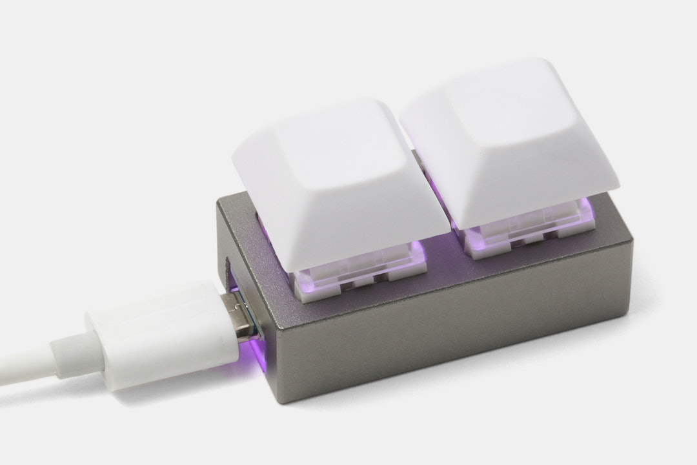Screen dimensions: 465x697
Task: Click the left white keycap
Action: [x=336, y=187]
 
